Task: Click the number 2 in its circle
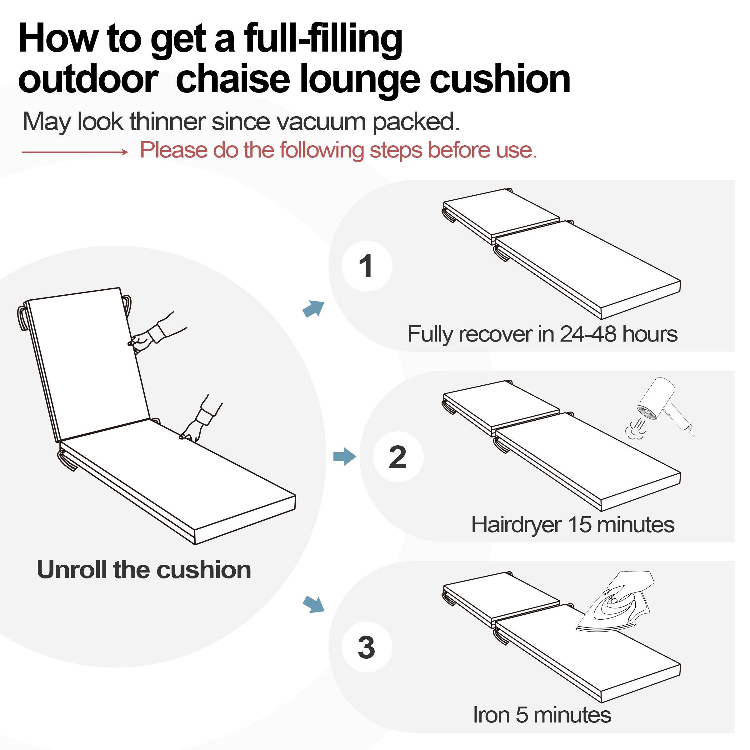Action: coord(397,457)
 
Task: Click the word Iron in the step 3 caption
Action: coord(491,715)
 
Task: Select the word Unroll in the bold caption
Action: coord(72,570)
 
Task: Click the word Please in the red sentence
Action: coord(174,150)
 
